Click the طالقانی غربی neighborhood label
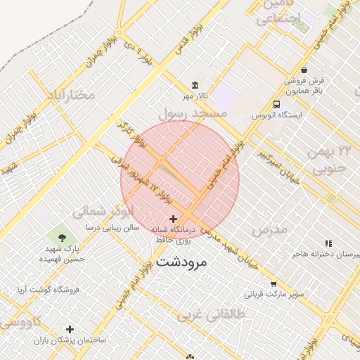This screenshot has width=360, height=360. coord(210,316)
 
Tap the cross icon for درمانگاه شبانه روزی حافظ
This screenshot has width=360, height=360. coord(173,219)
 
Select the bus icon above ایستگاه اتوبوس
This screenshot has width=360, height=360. coord(276,105)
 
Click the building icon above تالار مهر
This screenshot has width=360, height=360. coord(195,85)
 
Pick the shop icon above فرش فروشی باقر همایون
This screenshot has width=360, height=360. coord(304,70)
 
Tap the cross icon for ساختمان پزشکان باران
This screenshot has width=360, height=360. coord(70,329)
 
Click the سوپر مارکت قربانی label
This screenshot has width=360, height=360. coord(274,293)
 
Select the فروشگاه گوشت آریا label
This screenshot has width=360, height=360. coord(49,290)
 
